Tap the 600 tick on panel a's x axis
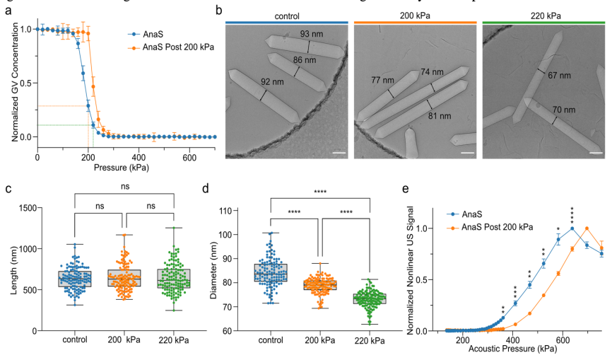[x=189, y=158]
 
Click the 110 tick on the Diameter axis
[x=245, y=210]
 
